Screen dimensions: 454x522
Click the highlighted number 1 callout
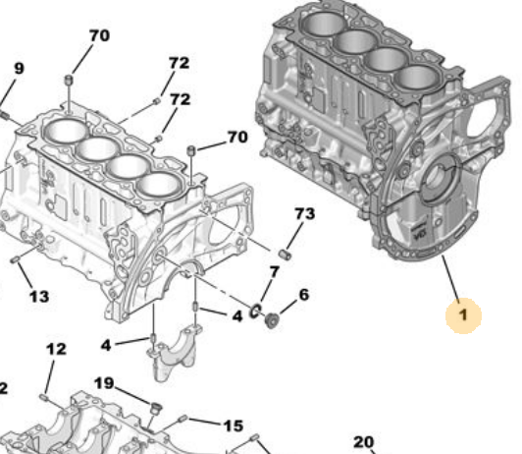point(463,315)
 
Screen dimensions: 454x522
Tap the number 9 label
point(19,68)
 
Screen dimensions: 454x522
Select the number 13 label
point(38,297)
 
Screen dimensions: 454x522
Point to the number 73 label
point(304,213)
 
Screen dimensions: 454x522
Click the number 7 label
point(274,270)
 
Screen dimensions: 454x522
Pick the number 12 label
point(56,349)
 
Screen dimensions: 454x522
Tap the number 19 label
point(104,382)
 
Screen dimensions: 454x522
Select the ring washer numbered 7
point(255,312)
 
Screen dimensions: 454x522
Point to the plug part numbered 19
point(154,406)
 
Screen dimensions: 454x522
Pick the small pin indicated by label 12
point(45,395)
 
